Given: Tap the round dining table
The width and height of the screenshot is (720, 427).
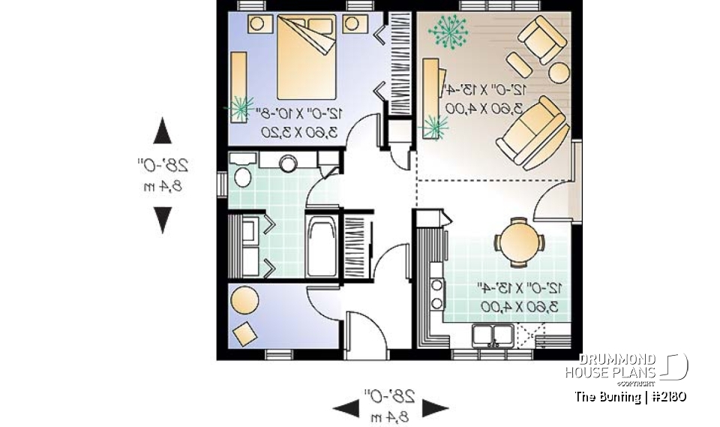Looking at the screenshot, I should click(518, 242).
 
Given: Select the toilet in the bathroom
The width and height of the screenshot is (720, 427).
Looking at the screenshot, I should click(242, 176).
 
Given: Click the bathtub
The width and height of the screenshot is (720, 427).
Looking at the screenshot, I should click(322, 246).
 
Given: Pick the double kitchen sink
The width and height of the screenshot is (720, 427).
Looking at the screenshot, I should click(493, 335).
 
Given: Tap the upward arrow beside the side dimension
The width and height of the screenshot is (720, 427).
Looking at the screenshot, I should click(162, 131).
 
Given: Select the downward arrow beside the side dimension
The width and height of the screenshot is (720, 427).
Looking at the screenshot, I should click(162, 220).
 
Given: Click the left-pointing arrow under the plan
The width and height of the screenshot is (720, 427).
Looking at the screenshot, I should click(346, 409).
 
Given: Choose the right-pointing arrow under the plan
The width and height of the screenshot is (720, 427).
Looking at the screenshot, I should click(435, 409).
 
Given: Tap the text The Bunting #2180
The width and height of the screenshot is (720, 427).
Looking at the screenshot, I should click(630, 396).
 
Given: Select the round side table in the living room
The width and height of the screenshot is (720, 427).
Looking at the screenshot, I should click(559, 72).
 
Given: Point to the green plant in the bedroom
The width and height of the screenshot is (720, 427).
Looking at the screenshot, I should click(239, 108).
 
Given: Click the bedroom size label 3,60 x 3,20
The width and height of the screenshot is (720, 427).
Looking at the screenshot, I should click(299, 131).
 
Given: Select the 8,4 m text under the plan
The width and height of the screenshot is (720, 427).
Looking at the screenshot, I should click(389, 414).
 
